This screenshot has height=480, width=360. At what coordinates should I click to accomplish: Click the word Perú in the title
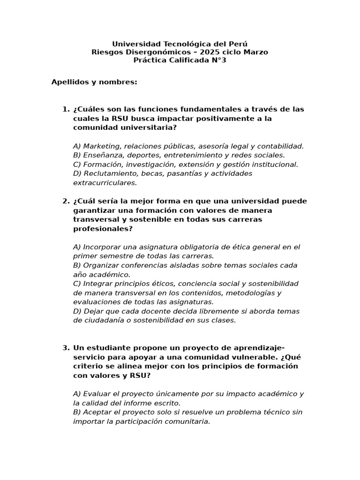[x=238, y=44]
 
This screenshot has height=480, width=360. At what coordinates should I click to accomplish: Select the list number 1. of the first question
[x=66, y=109]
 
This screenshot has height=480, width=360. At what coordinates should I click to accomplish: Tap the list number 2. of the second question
[x=66, y=201]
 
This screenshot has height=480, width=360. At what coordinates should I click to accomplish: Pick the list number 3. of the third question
[x=66, y=348]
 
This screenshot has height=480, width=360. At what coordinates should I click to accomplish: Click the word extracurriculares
[x=105, y=183]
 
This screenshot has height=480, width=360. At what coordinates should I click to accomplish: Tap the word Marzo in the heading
[x=256, y=52]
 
